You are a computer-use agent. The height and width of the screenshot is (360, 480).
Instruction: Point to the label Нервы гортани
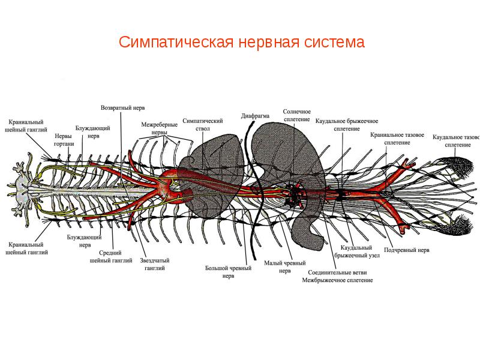pyautogui.click(x=64, y=140)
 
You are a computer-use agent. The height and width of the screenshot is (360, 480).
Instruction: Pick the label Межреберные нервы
pyautogui.click(x=159, y=128)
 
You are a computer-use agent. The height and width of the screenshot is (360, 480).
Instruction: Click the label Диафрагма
pyautogui.click(x=255, y=115)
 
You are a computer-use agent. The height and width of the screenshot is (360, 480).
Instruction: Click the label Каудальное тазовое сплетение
pyautogui.click(x=457, y=140)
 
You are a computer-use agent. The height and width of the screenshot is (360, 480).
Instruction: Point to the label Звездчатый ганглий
pyautogui.click(x=154, y=265)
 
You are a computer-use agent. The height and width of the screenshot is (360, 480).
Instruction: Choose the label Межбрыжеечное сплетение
pyautogui.click(x=338, y=280)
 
